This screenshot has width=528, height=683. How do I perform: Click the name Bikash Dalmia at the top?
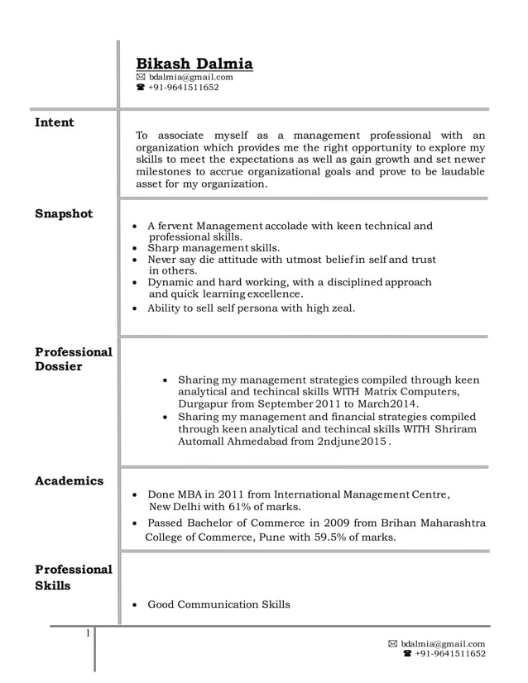[194, 64]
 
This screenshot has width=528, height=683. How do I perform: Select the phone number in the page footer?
[450, 653]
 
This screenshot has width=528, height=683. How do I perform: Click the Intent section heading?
[55, 122]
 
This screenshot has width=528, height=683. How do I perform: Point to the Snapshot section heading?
[64, 213]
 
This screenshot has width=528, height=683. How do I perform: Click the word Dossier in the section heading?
[58, 366]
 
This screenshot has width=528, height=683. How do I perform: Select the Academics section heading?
[69, 480]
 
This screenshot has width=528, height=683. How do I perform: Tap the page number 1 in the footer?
[86, 634]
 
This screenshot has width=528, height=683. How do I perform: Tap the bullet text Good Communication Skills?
[218, 604]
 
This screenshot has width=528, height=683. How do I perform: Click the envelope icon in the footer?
[393, 643]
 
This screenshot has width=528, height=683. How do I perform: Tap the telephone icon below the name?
[141, 87]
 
